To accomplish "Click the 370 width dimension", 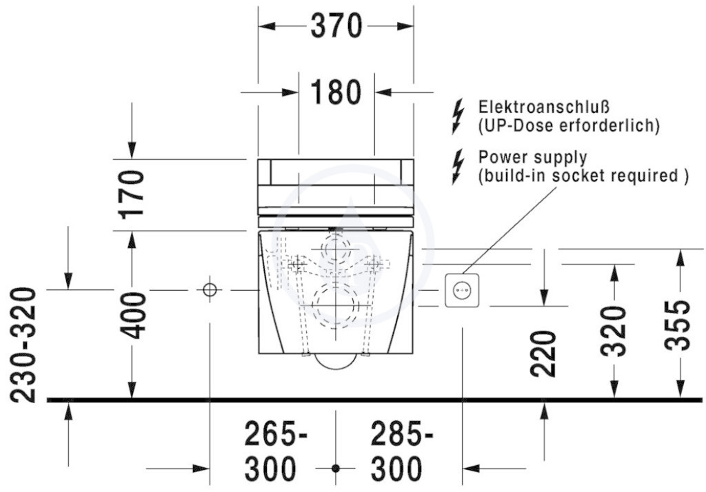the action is (x=336, y=25).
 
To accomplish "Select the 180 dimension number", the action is (x=336, y=92).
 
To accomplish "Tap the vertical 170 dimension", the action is (x=132, y=194).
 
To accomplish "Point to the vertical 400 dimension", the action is (x=132, y=316).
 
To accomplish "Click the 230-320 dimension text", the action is (x=23, y=345).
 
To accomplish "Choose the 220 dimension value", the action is (x=543, y=353).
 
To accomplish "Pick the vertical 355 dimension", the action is (x=678, y=326).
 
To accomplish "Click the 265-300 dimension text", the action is (x=276, y=451).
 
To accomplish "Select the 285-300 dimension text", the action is (x=402, y=451).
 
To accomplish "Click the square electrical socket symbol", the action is (x=462, y=291).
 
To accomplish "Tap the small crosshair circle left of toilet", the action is (x=210, y=290).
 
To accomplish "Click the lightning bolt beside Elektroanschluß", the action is (x=458, y=116).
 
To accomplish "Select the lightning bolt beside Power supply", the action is (x=458, y=167).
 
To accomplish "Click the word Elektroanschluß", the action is (x=544, y=107).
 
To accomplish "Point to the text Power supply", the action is (x=533, y=157).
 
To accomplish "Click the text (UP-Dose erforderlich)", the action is (x=569, y=125).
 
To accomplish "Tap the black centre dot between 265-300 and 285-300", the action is (x=336, y=468).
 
